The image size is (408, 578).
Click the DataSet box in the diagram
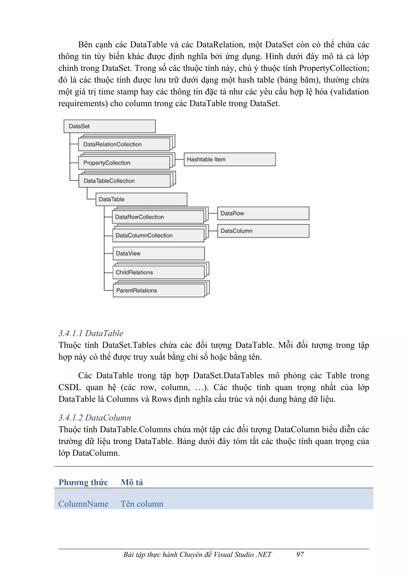pyautogui.click(x=110, y=126)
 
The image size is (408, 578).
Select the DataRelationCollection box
pyautogui.click(x=124, y=144)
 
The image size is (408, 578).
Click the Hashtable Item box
pyautogui.click(x=229, y=159)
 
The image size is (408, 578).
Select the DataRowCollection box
pyautogui.click(x=158, y=217)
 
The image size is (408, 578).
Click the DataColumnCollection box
pyautogui.click(x=158, y=235)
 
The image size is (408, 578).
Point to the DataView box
pyautogui.click(x=159, y=253)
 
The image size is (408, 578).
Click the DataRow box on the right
pyautogui.click(x=263, y=213)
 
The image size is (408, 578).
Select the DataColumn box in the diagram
pyautogui.click(x=263, y=231)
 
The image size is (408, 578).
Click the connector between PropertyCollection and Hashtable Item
pyautogui.click(x=179, y=159)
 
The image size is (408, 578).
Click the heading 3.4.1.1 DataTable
pyautogui.click(x=91, y=333)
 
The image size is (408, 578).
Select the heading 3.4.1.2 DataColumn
pyautogui.click(x=95, y=418)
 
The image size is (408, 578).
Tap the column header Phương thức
pyautogui.click(x=83, y=482)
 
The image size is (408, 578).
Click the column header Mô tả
pyautogui.click(x=132, y=482)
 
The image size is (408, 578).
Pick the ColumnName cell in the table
pyautogui.click(x=83, y=504)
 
